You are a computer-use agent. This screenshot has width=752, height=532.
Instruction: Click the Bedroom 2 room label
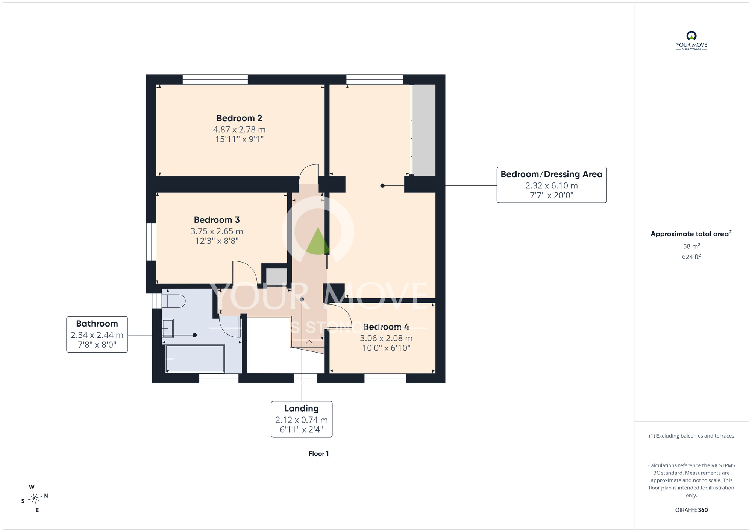point(239,118)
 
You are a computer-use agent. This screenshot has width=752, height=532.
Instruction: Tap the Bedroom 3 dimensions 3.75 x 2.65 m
point(217,231)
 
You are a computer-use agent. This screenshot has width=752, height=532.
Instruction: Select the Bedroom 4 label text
point(386,327)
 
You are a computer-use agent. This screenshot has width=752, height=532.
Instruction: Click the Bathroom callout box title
point(97,324)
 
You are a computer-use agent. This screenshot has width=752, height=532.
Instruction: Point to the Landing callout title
point(302,409)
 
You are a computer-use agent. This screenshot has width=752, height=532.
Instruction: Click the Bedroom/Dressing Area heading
point(552,174)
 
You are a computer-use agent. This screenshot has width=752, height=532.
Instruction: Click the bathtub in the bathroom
point(195,359)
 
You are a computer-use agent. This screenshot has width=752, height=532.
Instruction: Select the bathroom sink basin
point(168,328)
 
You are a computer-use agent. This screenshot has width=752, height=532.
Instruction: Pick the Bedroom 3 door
point(245,273)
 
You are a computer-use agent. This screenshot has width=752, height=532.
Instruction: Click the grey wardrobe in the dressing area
point(424,130)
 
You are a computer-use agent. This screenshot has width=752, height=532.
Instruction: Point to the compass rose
point(35,499)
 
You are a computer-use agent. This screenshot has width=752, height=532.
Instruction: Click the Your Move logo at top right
point(691,41)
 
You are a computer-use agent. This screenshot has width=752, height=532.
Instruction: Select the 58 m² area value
point(691,246)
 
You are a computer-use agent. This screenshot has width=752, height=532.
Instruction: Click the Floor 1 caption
point(318,454)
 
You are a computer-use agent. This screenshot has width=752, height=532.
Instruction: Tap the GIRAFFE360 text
point(691,510)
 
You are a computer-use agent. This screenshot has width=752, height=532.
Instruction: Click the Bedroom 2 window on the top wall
point(215,79)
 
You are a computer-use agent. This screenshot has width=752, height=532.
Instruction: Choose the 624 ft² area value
point(691,257)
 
